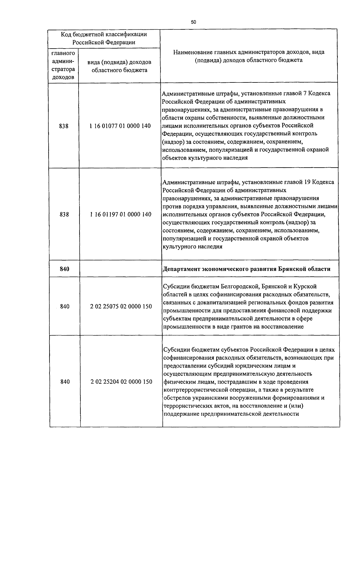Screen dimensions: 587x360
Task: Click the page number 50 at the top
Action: coord(193,22)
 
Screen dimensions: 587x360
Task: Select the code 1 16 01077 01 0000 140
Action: coord(120,126)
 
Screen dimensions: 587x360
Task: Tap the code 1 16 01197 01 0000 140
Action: coord(120,215)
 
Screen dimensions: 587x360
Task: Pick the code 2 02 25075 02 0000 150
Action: coord(121,307)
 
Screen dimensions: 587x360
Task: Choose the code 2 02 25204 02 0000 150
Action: coord(121,382)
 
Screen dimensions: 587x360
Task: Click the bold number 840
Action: coord(64,269)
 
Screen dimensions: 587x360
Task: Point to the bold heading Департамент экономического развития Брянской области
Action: coord(246,269)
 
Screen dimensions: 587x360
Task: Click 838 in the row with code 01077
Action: coord(64,126)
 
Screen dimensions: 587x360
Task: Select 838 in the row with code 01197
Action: coord(64,215)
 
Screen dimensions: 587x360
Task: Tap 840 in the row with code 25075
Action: coord(65,307)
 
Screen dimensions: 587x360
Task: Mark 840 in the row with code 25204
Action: coord(65,382)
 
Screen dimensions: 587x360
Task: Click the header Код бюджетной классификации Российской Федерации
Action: coord(104,38)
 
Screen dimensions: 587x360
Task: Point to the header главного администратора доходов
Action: coord(63,65)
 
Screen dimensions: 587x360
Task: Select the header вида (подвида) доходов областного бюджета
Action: coord(119,66)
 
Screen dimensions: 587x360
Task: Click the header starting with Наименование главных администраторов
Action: coord(249,56)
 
